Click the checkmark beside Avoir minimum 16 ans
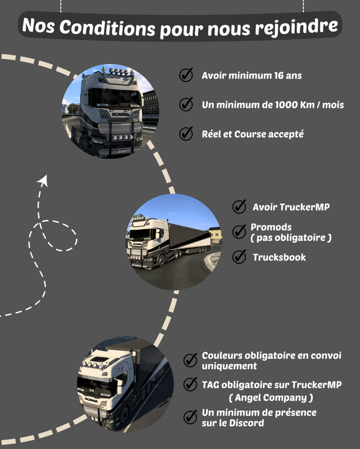(186, 76)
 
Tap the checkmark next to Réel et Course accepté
(186, 134)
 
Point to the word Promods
(271, 227)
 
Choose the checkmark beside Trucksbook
(239, 257)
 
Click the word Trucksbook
(279, 258)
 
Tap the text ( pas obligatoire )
(291, 238)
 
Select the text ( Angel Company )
(271, 397)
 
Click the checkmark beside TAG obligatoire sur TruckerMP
(190, 384)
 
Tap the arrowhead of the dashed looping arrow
(43, 181)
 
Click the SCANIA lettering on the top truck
(120, 114)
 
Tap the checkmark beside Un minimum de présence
(190, 416)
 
